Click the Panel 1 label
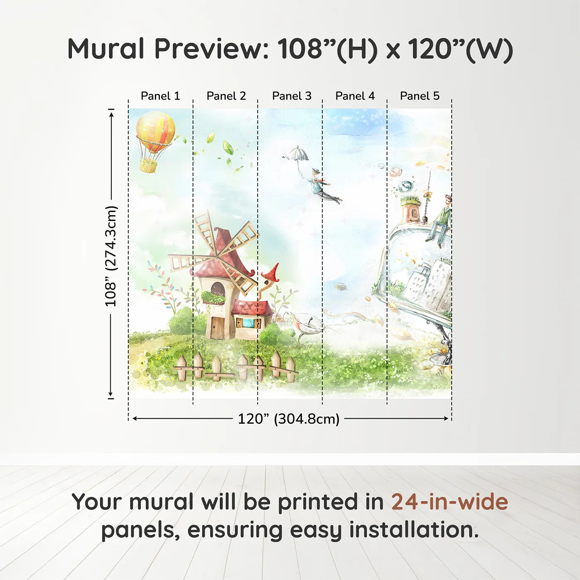pyautogui.click(x=160, y=96)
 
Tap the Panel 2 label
pyautogui.click(x=226, y=96)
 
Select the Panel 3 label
pyautogui.click(x=292, y=96)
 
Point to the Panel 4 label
pyautogui.click(x=355, y=96)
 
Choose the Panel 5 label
pyautogui.click(x=420, y=96)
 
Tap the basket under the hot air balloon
pyautogui.click(x=148, y=166)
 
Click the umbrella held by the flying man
pyautogui.click(x=296, y=154)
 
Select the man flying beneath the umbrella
pyautogui.click(x=323, y=186)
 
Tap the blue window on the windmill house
pyautogui.click(x=248, y=322)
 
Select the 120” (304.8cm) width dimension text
pyautogui.click(x=288, y=419)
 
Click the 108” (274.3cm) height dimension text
pyautogui.click(x=111, y=256)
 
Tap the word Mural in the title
pyautogui.click(x=106, y=49)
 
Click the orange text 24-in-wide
pyautogui.click(x=450, y=502)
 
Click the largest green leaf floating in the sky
pyautogui.click(x=228, y=147)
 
